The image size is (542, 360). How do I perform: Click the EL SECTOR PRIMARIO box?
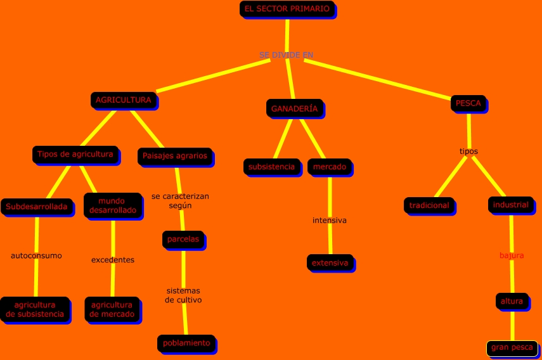pyautogui.click(x=287, y=9)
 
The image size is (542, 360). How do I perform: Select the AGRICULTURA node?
pyautogui.click(x=123, y=100)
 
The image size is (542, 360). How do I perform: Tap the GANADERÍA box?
pyautogui.click(x=294, y=109)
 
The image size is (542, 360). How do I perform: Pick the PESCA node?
pyautogui.click(x=468, y=103)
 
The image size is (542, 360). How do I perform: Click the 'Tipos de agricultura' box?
pyautogui.click(x=75, y=154)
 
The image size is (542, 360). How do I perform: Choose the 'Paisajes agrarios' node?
pyautogui.click(x=174, y=156)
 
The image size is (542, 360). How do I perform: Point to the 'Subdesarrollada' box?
pyautogui.click(x=36, y=207)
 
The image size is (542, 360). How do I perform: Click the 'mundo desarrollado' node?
pyautogui.click(x=113, y=205)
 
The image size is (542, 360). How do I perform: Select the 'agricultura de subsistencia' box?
pyautogui.click(x=35, y=309)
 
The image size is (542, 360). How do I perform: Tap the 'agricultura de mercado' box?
pyautogui.click(x=112, y=309)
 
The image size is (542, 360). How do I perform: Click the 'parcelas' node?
pyautogui.click(x=183, y=240)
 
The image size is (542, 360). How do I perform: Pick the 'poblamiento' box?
pyautogui.click(x=186, y=343)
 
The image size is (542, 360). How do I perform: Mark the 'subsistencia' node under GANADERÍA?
pyautogui.click(x=271, y=167)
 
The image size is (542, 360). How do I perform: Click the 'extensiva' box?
pyautogui.click(x=330, y=262)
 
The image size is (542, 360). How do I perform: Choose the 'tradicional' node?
pyautogui.click(x=429, y=205)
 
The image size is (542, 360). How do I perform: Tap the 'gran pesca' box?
pyautogui.click(x=512, y=348)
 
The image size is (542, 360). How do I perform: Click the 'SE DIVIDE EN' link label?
pyautogui.click(x=286, y=55)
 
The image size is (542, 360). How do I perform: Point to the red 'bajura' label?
pyautogui.click(x=512, y=255)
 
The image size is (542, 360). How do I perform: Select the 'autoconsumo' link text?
pyautogui.click(x=36, y=256)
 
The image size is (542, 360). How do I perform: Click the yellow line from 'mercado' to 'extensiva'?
pyautogui.click(x=330, y=196)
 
